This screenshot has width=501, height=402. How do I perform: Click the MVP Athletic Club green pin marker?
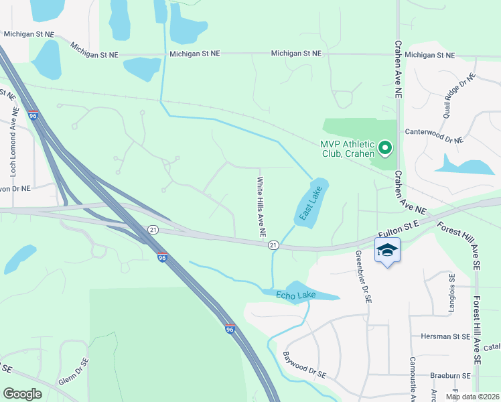tap(385, 147)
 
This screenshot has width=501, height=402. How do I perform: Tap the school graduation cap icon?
tap(387, 251)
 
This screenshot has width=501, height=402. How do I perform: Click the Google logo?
tap(22, 394)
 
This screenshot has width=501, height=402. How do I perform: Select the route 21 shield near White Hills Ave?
tap(273, 245)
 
